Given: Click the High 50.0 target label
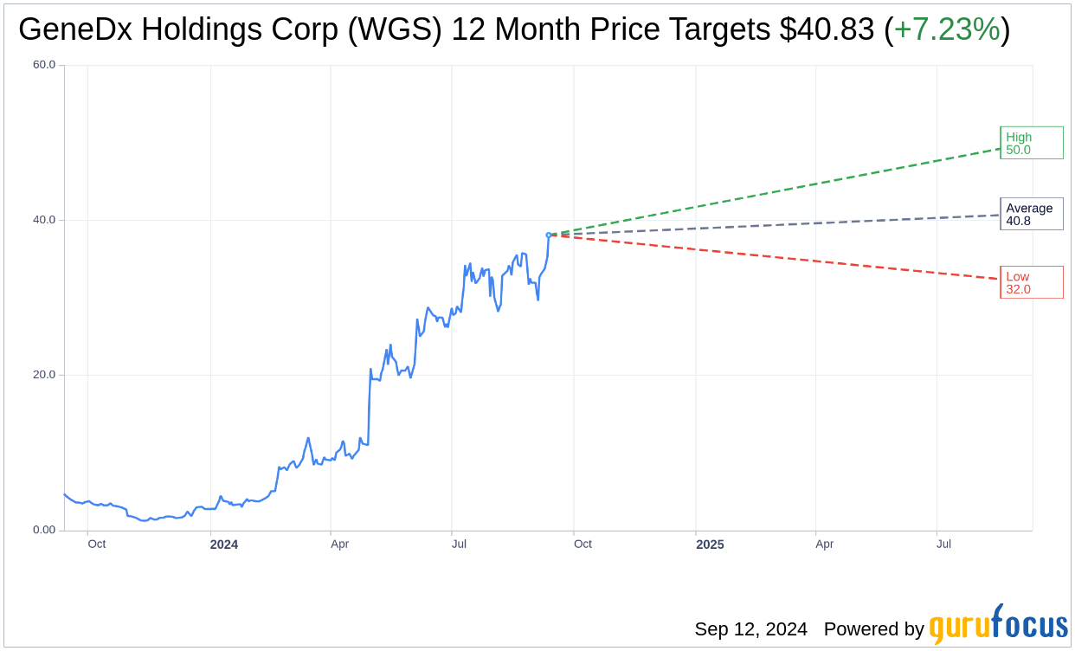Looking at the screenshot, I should tap(1031, 143).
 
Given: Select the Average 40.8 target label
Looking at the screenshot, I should tap(1031, 214).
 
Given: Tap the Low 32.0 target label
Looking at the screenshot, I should tap(1031, 282).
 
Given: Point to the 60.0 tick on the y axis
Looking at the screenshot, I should tap(44, 65).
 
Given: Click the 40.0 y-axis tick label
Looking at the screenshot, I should tap(44, 220).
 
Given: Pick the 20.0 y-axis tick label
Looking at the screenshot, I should tap(44, 375).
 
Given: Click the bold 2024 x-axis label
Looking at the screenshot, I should tap(223, 545).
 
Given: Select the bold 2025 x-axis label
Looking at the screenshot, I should tap(710, 545).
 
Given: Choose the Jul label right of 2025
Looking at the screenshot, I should tap(943, 544).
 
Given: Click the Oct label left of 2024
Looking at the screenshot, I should tap(96, 544).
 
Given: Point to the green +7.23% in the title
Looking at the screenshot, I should tap(947, 30).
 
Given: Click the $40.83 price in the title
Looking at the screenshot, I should tap(827, 30).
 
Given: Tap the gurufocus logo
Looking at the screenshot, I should tap(998, 625).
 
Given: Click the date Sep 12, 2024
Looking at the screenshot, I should tap(750, 629).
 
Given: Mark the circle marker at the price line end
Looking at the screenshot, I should tap(549, 235).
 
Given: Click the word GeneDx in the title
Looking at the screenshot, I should tap(76, 30).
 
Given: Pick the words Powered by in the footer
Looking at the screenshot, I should tap(873, 629).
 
